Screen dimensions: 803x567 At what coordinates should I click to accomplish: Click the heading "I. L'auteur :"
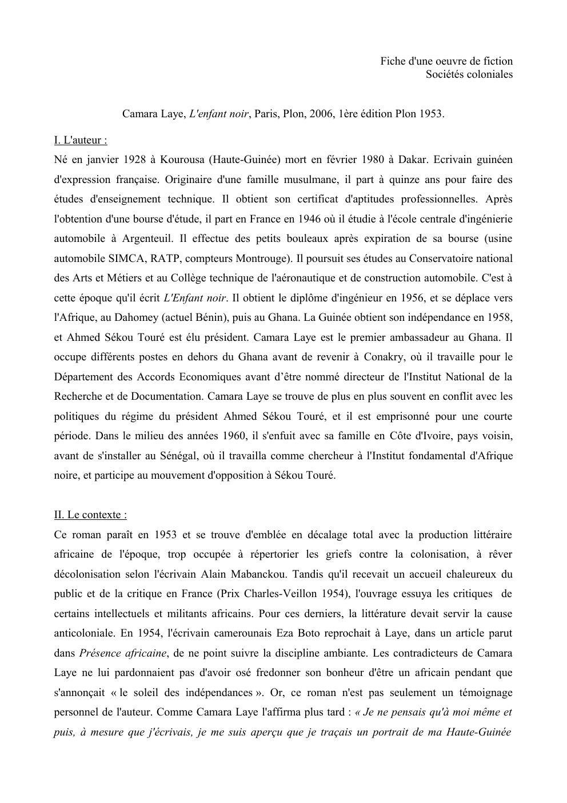click(x=81, y=140)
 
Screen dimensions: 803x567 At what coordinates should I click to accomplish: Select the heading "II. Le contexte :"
click(x=90, y=515)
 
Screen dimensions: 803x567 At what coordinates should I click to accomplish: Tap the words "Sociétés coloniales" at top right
click(x=469, y=74)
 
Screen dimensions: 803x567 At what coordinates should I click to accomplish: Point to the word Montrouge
click(x=261, y=259)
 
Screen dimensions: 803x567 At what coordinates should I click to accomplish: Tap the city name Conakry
click(x=382, y=357)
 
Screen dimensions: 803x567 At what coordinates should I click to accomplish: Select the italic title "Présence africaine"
click(x=123, y=653)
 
